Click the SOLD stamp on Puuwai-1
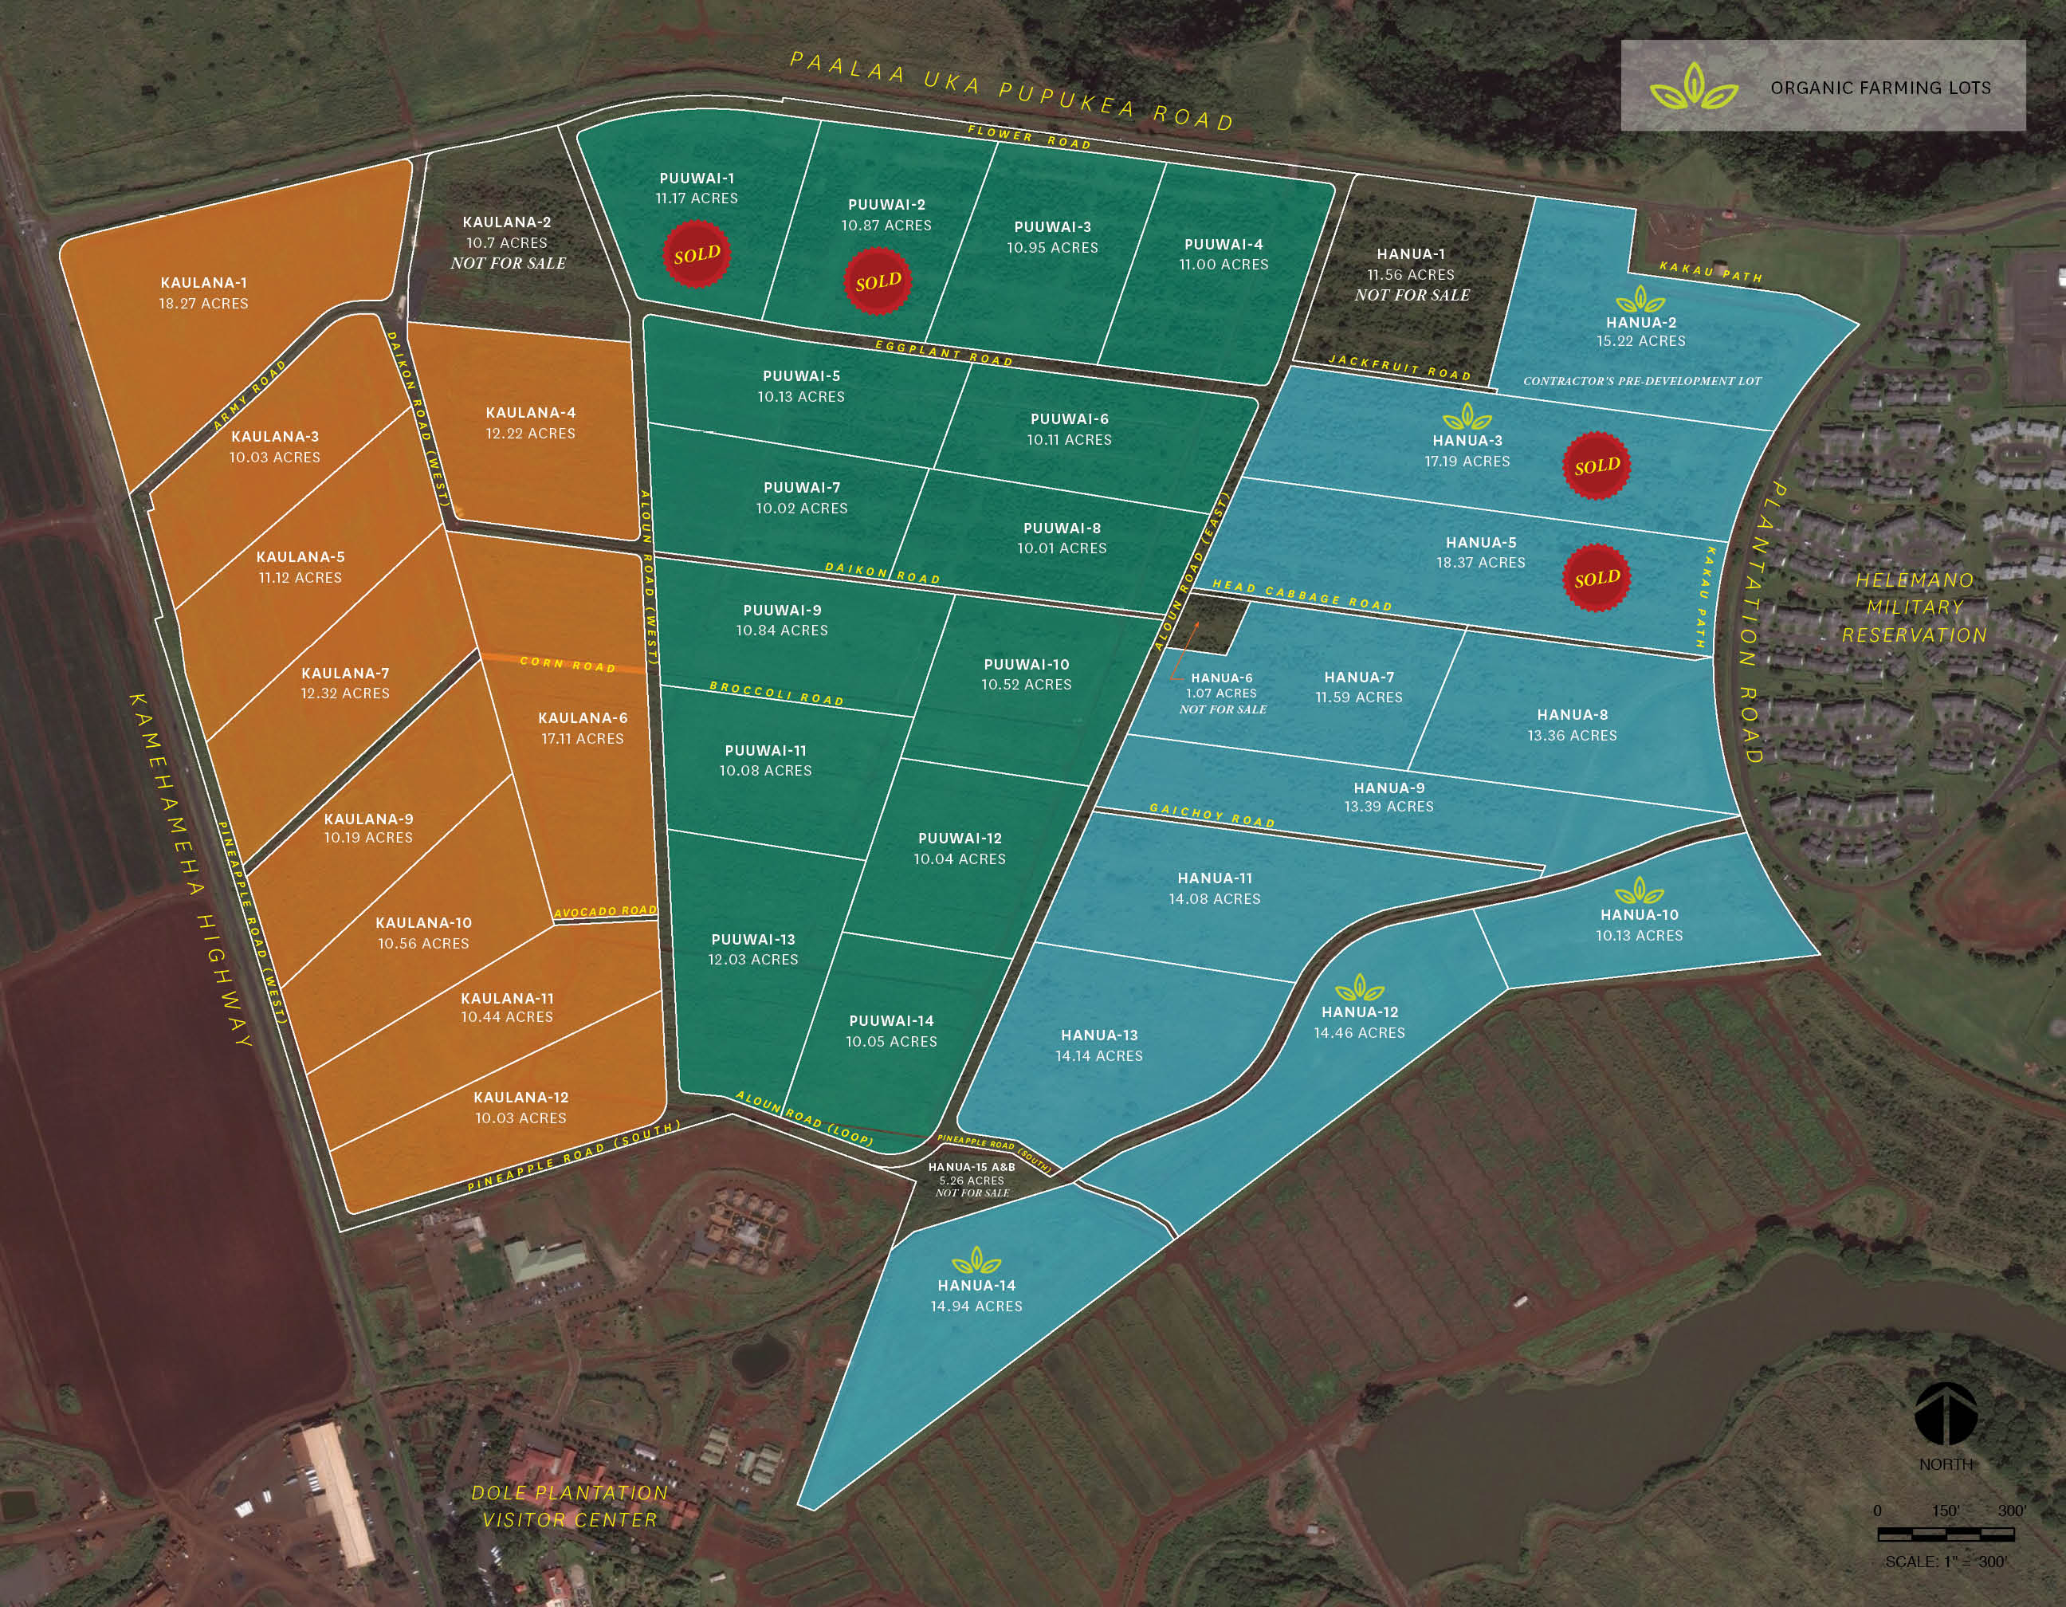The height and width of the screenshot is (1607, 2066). tap(696, 254)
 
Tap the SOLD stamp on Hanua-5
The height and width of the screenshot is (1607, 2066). tap(1597, 578)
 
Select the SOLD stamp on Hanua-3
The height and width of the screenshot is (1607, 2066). tap(1597, 466)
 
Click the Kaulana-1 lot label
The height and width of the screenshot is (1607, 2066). tap(203, 283)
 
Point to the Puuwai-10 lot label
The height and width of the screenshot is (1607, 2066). tap(1027, 664)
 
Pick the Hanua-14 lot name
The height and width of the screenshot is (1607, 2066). tap(976, 1286)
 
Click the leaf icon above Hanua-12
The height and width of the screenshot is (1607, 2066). tap(1359, 989)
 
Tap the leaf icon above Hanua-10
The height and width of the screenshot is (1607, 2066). tap(1640, 891)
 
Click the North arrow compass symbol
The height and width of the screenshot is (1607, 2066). tap(1946, 1415)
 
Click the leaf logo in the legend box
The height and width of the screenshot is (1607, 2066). tap(1693, 87)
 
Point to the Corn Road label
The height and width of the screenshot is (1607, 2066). tap(568, 664)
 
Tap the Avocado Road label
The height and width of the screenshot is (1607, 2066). tap(606, 912)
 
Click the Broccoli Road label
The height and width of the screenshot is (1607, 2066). tap(776, 693)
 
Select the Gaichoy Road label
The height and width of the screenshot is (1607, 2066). tap(1212, 815)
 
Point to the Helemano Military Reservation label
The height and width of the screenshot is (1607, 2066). tap(1915, 607)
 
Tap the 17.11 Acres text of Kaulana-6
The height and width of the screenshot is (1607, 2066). tap(583, 739)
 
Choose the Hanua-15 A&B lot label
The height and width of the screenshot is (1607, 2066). tap(972, 1167)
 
